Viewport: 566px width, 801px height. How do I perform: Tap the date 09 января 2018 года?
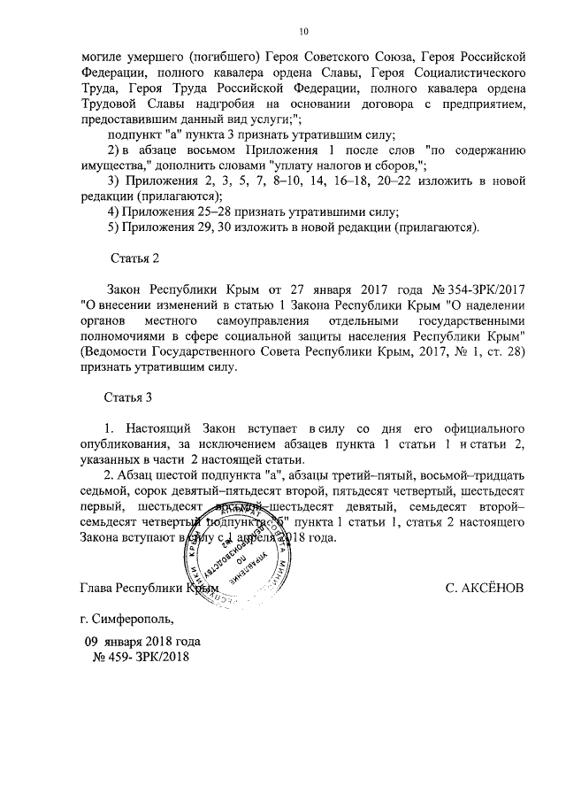[x=142, y=641]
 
